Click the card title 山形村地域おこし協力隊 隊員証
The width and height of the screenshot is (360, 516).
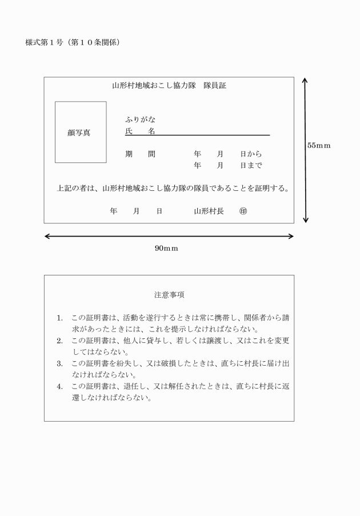[169, 86]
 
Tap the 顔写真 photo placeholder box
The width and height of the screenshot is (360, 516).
[81, 133]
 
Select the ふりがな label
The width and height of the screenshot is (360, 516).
[140, 120]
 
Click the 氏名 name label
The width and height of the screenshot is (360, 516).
[140, 131]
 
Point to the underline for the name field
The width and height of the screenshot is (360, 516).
[211, 135]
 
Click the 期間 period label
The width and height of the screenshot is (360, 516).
[140, 154]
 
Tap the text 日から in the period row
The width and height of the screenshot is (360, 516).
[251, 154]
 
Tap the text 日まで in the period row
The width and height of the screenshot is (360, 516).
[251, 166]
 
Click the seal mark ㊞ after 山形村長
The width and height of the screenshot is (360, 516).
[243, 211]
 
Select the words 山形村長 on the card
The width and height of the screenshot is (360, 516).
[209, 211]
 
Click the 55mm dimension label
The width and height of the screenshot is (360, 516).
[319, 146]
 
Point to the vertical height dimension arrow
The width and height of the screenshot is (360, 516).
[306, 150]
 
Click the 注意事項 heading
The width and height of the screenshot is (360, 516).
[169, 295]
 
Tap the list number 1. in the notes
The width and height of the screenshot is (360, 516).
[60, 318]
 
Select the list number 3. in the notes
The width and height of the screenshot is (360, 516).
[60, 363]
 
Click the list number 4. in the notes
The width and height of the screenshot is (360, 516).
[60, 386]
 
